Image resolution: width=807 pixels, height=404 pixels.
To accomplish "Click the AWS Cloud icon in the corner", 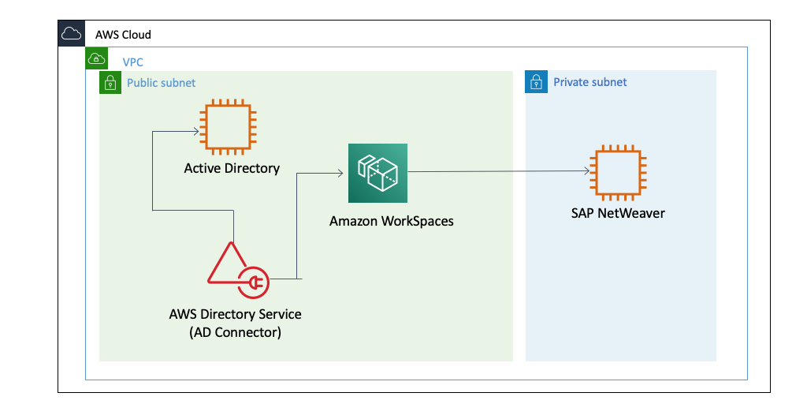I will (71, 34).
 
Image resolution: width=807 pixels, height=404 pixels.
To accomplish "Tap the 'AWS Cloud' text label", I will (123, 35).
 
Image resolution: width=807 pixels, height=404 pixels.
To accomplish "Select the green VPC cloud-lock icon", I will (96, 58).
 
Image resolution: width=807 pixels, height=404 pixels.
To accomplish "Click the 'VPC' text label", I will (132, 62).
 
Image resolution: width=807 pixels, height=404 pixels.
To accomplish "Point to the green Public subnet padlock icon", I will (110, 82).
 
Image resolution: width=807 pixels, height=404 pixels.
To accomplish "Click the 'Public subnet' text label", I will (162, 83).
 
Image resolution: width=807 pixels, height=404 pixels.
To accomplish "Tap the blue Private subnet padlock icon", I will (536, 82).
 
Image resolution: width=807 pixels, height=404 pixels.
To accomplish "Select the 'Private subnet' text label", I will (590, 82).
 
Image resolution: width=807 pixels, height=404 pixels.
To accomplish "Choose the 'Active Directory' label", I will (232, 168).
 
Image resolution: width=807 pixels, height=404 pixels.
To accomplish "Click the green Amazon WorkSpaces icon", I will (377, 173).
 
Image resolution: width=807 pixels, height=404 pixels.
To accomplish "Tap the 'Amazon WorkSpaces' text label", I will (392, 221).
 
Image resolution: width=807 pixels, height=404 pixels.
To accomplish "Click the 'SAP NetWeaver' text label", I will (619, 213).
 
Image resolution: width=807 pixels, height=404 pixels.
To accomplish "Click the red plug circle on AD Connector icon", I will (254, 282).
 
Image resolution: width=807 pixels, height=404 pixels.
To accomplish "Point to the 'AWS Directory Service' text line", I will (235, 314).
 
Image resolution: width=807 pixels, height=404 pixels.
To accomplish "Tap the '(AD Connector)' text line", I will (235, 332).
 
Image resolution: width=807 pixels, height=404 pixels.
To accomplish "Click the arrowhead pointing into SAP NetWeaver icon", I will (587, 171).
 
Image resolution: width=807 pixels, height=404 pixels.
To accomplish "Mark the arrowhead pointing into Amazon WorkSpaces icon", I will (340, 173).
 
